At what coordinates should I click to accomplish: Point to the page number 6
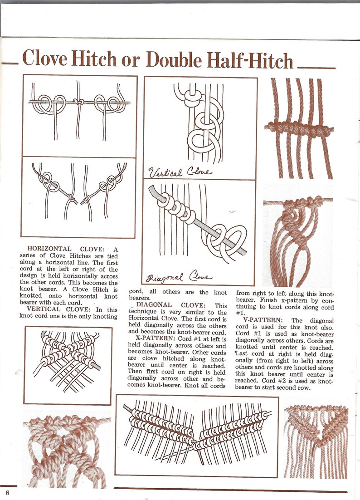click(7, 493)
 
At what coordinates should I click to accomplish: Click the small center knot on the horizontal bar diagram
click(79, 102)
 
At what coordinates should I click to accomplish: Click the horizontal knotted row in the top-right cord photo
click(299, 128)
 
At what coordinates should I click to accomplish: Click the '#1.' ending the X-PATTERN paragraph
click(240, 313)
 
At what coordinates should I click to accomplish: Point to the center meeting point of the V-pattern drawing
click(196, 442)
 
